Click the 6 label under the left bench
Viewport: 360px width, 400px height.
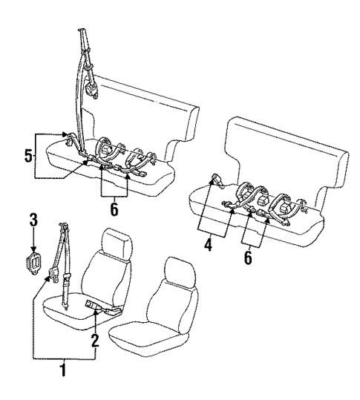coord(114,209)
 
